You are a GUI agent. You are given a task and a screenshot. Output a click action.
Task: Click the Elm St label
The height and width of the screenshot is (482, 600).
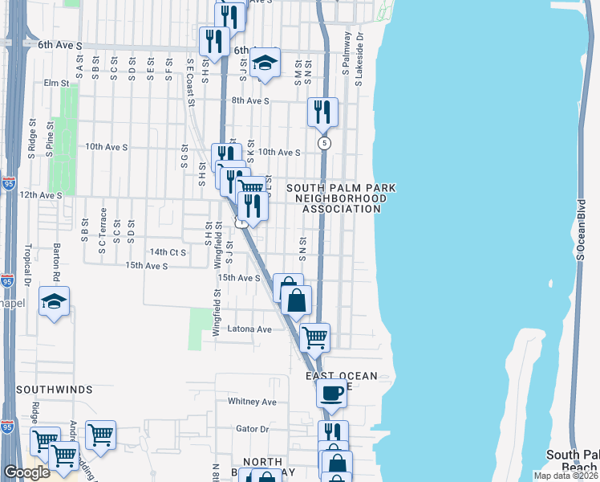click(x=57, y=82)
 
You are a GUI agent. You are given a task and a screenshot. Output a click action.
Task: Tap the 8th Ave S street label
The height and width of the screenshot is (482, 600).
click(x=250, y=101)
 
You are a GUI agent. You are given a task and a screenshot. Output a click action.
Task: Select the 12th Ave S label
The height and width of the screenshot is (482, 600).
click(x=41, y=195)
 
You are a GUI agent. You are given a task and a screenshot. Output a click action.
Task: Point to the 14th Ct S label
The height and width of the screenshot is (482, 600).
click(x=168, y=252)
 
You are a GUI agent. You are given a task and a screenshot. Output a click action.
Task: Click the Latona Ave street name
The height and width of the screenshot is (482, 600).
click(x=250, y=329)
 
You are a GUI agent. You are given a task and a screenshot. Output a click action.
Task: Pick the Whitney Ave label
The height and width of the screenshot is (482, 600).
click(x=252, y=402)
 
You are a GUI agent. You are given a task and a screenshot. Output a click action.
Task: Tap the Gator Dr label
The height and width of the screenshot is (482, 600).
click(x=252, y=429)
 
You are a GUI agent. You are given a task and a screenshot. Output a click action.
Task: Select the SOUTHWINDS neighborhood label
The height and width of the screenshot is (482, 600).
click(x=54, y=389)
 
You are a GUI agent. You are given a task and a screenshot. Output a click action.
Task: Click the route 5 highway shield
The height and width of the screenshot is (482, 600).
click(x=323, y=143)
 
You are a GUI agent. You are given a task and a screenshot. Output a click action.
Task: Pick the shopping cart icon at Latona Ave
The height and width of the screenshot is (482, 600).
click(x=315, y=337)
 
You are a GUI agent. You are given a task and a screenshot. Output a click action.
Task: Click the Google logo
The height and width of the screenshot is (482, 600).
click(x=26, y=472)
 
